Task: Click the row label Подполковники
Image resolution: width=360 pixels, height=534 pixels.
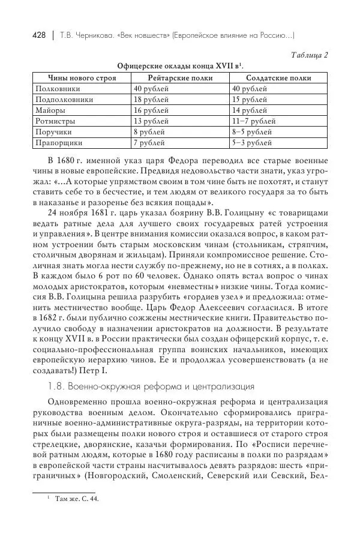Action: (x=64, y=100)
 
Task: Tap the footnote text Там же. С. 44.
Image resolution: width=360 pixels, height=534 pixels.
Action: (x=77, y=499)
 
